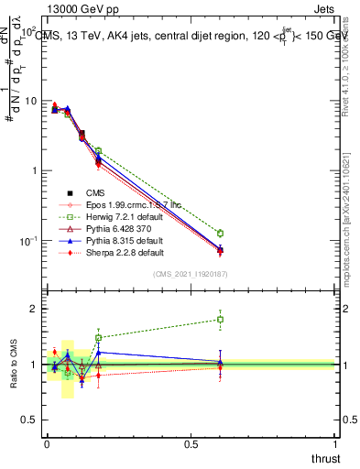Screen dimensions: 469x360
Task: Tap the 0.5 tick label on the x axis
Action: click(191, 444)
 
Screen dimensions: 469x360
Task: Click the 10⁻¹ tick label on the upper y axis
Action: click(29, 241)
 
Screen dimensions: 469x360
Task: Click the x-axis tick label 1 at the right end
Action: click(335, 444)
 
